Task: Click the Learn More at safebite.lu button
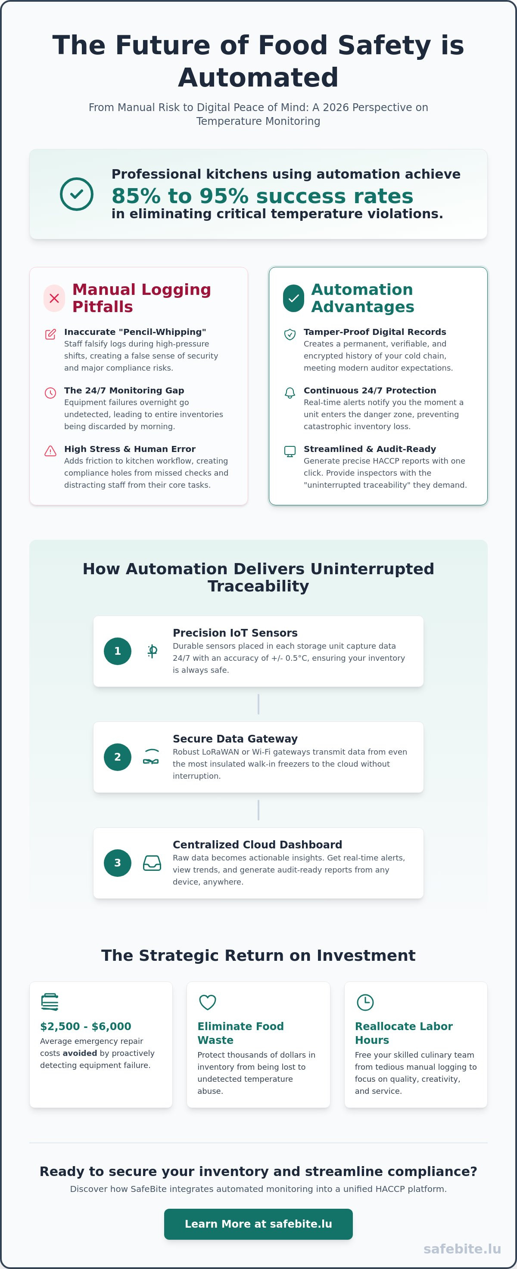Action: (x=258, y=1224)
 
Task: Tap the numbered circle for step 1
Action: (x=117, y=651)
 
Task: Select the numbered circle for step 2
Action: (x=117, y=757)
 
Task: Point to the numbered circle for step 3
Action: (x=117, y=863)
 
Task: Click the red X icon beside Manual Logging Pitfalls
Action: (x=54, y=298)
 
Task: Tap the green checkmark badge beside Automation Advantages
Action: (x=294, y=298)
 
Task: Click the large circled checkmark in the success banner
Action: (x=76, y=194)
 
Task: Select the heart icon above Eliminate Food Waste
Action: (x=208, y=1002)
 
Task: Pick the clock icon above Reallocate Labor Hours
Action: (x=365, y=1002)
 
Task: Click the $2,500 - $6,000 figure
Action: (x=86, y=1026)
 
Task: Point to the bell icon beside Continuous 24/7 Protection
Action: (x=290, y=393)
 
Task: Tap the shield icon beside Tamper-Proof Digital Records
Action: (x=290, y=334)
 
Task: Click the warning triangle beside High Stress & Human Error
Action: (x=50, y=451)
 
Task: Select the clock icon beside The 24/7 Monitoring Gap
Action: (x=50, y=393)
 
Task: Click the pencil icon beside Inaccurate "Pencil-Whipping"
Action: (x=50, y=334)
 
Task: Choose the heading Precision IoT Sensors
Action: (x=235, y=633)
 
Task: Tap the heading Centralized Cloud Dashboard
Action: (x=257, y=845)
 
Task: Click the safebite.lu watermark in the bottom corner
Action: (x=462, y=1249)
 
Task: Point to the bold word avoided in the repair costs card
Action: (x=80, y=1053)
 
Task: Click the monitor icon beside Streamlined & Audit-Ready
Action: (x=290, y=451)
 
